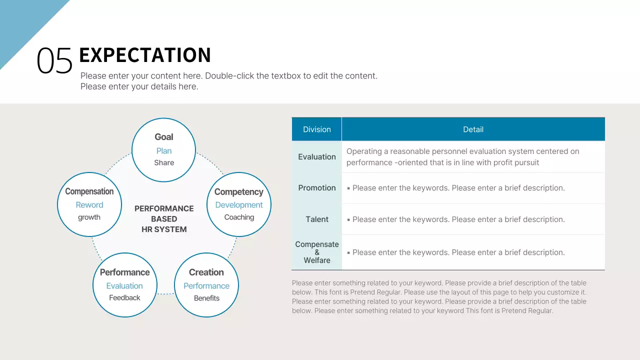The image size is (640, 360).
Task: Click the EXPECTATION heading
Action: point(145,55)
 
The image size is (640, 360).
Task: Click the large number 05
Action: point(54,61)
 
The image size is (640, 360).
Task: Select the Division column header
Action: point(317,129)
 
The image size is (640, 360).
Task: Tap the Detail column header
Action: point(473,129)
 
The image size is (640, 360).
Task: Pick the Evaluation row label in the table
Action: point(317,157)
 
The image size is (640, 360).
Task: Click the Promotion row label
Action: point(317,188)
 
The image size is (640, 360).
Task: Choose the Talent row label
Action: point(317,219)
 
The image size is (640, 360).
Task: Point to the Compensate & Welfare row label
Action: point(317,252)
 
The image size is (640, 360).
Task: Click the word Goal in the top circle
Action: point(164,137)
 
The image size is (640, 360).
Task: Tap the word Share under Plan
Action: point(164,162)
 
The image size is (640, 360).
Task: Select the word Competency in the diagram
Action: point(238,192)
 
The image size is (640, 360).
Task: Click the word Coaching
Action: point(239,217)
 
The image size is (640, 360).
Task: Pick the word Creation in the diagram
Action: point(206,272)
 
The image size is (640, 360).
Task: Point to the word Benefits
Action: point(206,298)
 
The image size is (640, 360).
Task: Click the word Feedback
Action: point(124,298)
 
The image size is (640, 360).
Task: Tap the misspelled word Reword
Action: point(89,205)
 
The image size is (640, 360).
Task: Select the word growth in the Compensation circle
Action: point(89,217)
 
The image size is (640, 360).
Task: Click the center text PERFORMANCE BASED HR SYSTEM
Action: point(164,219)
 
